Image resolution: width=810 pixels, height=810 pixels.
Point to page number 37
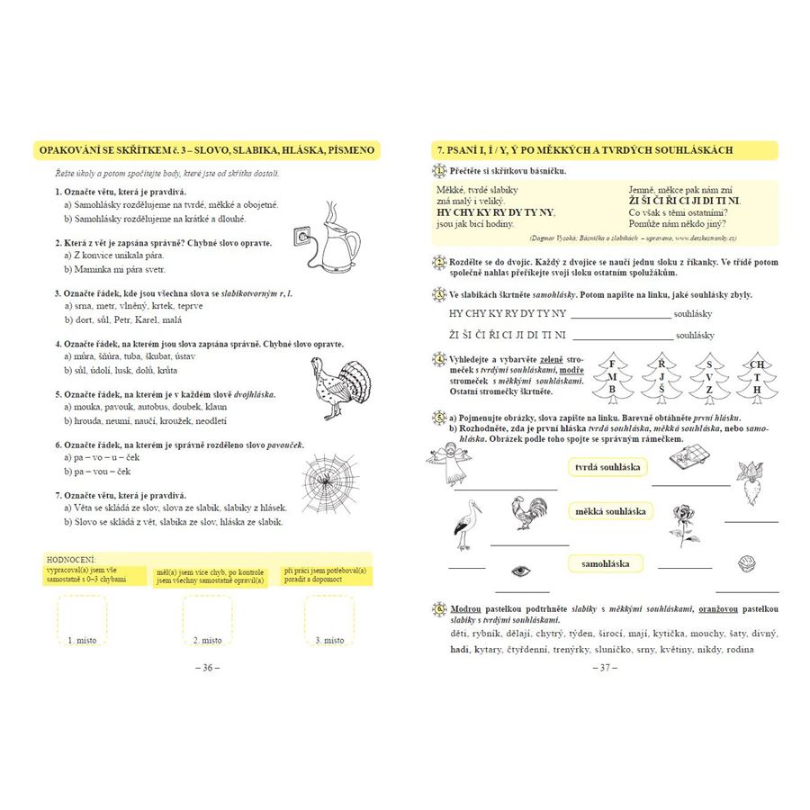click(602, 668)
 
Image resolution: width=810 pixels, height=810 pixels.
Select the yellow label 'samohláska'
click(606, 563)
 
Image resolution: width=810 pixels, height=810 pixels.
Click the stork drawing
click(467, 526)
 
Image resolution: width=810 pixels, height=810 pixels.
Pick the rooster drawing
click(526, 513)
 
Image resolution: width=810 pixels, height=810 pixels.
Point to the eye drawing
click(520, 571)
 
